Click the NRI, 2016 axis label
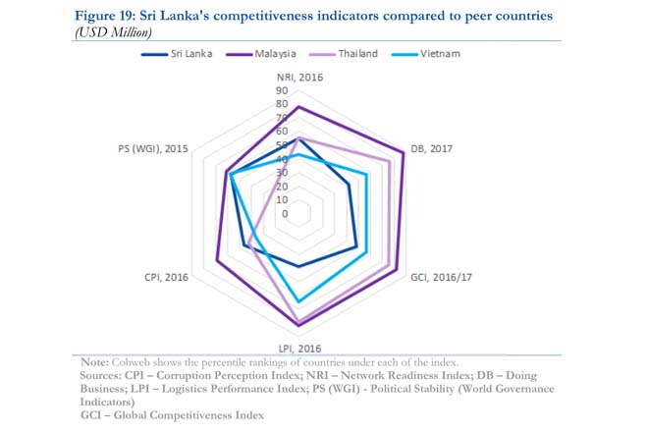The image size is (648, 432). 298,76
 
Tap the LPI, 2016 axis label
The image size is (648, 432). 298,348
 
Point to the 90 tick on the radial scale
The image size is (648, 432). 283,90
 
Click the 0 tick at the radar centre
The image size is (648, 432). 286,213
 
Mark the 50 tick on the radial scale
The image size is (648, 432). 283,145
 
